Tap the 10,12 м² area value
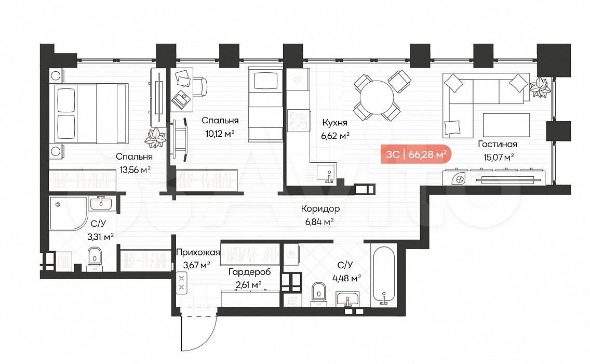220,134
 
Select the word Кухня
335,123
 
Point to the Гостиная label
498,144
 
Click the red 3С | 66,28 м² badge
416,154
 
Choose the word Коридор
320,209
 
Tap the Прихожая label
198,253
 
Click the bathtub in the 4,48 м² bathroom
383,275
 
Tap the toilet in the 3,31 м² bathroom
94,257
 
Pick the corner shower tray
68,213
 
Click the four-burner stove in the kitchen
299,120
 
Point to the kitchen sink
327,173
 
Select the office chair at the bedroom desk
202,87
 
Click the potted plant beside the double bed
155,137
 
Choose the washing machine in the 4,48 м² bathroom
291,256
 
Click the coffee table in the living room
506,125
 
